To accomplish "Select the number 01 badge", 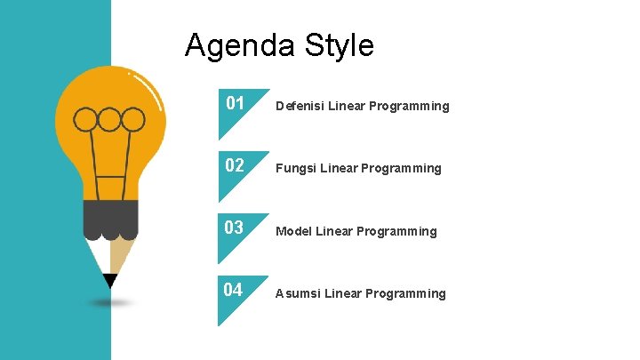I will pyautogui.click(x=235, y=104).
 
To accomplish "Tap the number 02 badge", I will pyautogui.click(x=235, y=166).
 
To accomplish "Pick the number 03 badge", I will pyautogui.click(x=235, y=228).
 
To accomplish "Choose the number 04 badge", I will pyautogui.click(x=235, y=291).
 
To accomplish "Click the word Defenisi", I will pyautogui.click(x=300, y=107).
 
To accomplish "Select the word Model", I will pyautogui.click(x=293, y=232).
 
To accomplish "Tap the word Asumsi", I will pyautogui.click(x=298, y=294).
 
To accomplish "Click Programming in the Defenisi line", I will pyautogui.click(x=410, y=107).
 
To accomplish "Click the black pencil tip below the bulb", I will pyautogui.click(x=110, y=282).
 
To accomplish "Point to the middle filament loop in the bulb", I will pyautogui.click(x=110, y=119).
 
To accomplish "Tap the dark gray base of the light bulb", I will pyautogui.click(x=110, y=218).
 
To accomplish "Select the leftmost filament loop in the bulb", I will pyautogui.click(x=86, y=119).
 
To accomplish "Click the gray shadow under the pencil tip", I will pyautogui.click(x=110, y=302).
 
